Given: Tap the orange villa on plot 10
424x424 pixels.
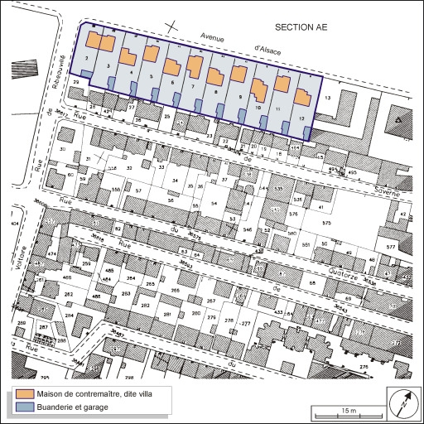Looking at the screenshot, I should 260,88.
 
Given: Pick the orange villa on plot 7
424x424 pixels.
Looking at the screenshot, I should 195,66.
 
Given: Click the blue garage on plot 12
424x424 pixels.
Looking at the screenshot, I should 307,133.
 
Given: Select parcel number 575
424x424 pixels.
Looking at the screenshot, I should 326,224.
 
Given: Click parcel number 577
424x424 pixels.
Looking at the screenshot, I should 391,248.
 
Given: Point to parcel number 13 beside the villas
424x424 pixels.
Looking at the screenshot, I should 327,99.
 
